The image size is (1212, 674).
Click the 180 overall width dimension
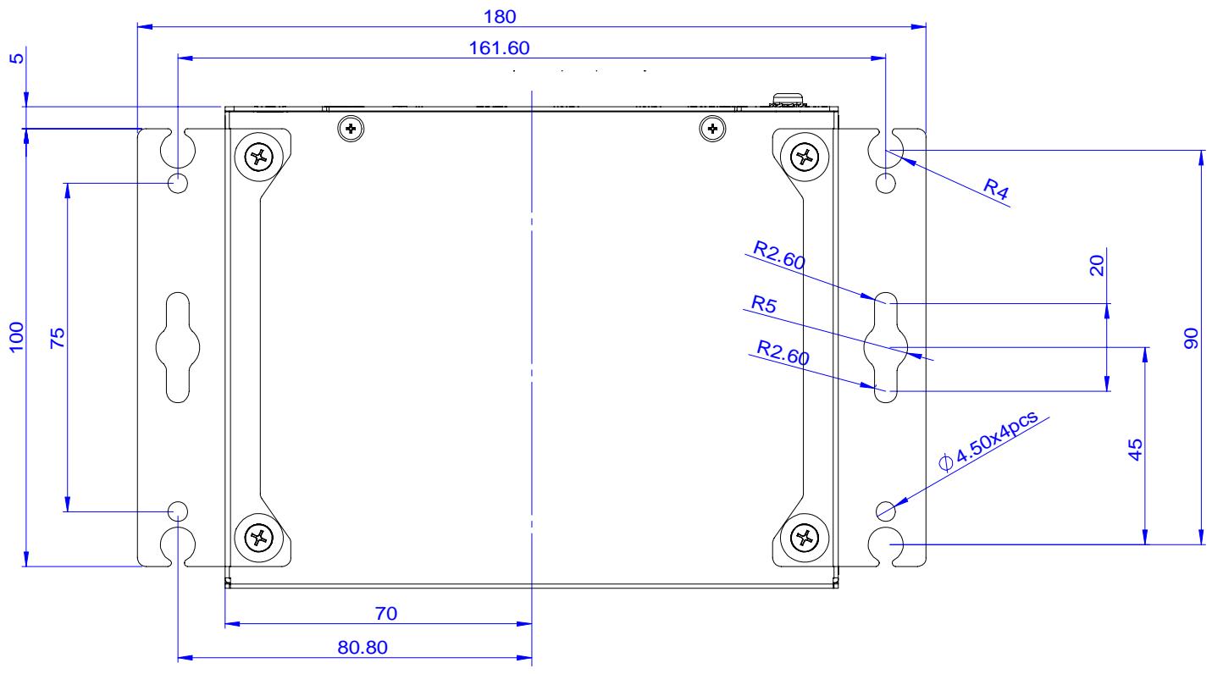tap(500, 17)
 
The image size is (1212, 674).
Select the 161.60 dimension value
tap(499, 48)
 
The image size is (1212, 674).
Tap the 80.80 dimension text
tap(362, 648)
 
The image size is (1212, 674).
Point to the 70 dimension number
tap(385, 613)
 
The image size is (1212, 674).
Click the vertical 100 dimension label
tap(17, 337)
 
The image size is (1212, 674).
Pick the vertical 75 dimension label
tap(58, 338)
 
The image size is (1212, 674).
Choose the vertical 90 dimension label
tap(1192, 338)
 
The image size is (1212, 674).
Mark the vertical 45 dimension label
tap(1135, 450)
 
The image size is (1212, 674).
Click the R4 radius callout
tap(996, 189)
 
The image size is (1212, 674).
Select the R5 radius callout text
tap(764, 304)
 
